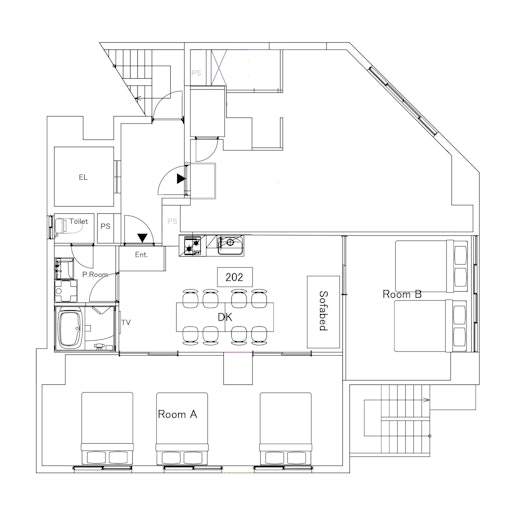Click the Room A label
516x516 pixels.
point(177,414)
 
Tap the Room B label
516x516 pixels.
point(402,294)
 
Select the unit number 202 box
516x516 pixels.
point(235,277)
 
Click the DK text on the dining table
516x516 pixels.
point(225,317)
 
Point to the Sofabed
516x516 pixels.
point(323,312)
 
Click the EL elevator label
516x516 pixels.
point(83,177)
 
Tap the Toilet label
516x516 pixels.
point(79,221)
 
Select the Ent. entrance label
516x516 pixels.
point(141,255)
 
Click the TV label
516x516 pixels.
point(126,322)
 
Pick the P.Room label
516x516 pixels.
point(95,275)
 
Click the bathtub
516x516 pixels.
point(70,329)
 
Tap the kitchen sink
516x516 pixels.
point(230,245)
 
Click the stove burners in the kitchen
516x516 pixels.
point(193,246)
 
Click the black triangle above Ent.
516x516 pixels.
point(143,238)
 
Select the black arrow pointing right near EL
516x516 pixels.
point(181,179)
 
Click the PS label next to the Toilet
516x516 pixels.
point(105,226)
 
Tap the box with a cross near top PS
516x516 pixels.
point(219,68)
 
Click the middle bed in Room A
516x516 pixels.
point(182,428)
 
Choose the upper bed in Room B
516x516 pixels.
point(431,266)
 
